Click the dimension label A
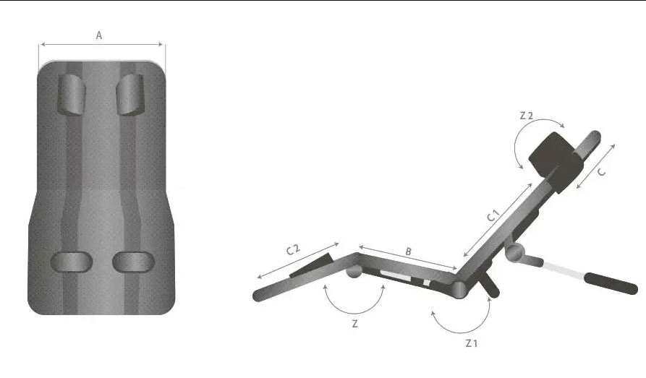(x=99, y=35)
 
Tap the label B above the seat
(x=408, y=252)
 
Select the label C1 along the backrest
(x=493, y=215)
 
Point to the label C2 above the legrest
(x=293, y=249)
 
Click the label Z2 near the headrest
(x=526, y=116)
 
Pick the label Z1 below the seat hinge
(x=472, y=343)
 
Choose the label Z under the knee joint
(x=354, y=324)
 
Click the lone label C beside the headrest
(x=601, y=172)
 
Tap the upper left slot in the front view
(x=72, y=94)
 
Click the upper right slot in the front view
(x=130, y=94)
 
